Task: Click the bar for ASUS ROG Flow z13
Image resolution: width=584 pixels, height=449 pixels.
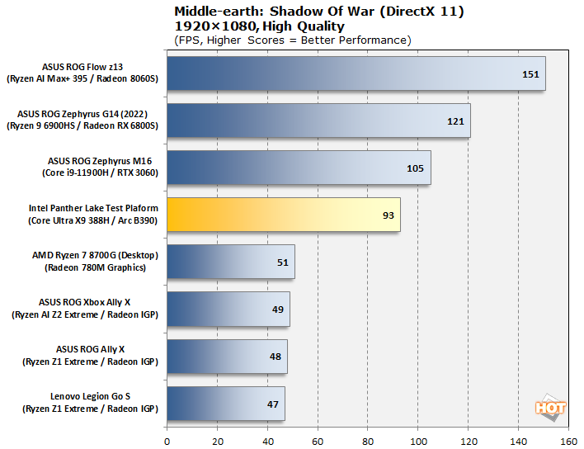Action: (x=355, y=73)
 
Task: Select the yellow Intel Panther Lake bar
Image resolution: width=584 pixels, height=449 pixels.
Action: (x=283, y=215)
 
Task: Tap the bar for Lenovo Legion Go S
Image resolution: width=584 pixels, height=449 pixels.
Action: (x=226, y=404)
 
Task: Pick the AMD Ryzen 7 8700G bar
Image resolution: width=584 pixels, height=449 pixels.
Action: (x=231, y=262)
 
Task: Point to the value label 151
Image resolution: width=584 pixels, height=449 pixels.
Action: (x=530, y=74)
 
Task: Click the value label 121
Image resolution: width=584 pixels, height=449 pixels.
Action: (x=456, y=121)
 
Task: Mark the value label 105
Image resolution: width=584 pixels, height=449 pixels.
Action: (x=416, y=168)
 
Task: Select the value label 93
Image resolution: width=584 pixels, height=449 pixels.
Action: (x=388, y=215)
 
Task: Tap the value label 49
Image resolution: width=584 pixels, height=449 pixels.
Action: (x=277, y=310)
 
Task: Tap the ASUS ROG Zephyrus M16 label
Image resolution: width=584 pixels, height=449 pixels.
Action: (x=101, y=162)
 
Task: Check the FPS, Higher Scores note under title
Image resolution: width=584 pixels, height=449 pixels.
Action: (x=292, y=40)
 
